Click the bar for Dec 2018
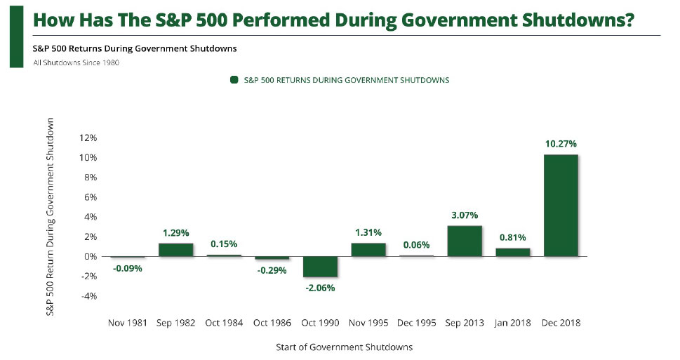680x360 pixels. click(x=560, y=206)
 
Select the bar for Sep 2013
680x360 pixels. click(x=464, y=241)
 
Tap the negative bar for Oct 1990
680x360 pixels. click(x=319, y=267)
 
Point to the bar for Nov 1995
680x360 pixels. click(x=368, y=250)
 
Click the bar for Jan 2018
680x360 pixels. click(x=512, y=252)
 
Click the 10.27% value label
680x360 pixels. click(x=560, y=144)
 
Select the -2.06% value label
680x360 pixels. click(x=319, y=288)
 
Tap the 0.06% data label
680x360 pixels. click(x=416, y=245)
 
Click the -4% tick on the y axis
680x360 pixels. click(x=88, y=296)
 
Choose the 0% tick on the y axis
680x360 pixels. click(x=90, y=257)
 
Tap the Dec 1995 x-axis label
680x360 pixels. click(x=416, y=323)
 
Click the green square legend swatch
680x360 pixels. click(x=234, y=80)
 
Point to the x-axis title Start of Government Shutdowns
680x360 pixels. click(x=343, y=347)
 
